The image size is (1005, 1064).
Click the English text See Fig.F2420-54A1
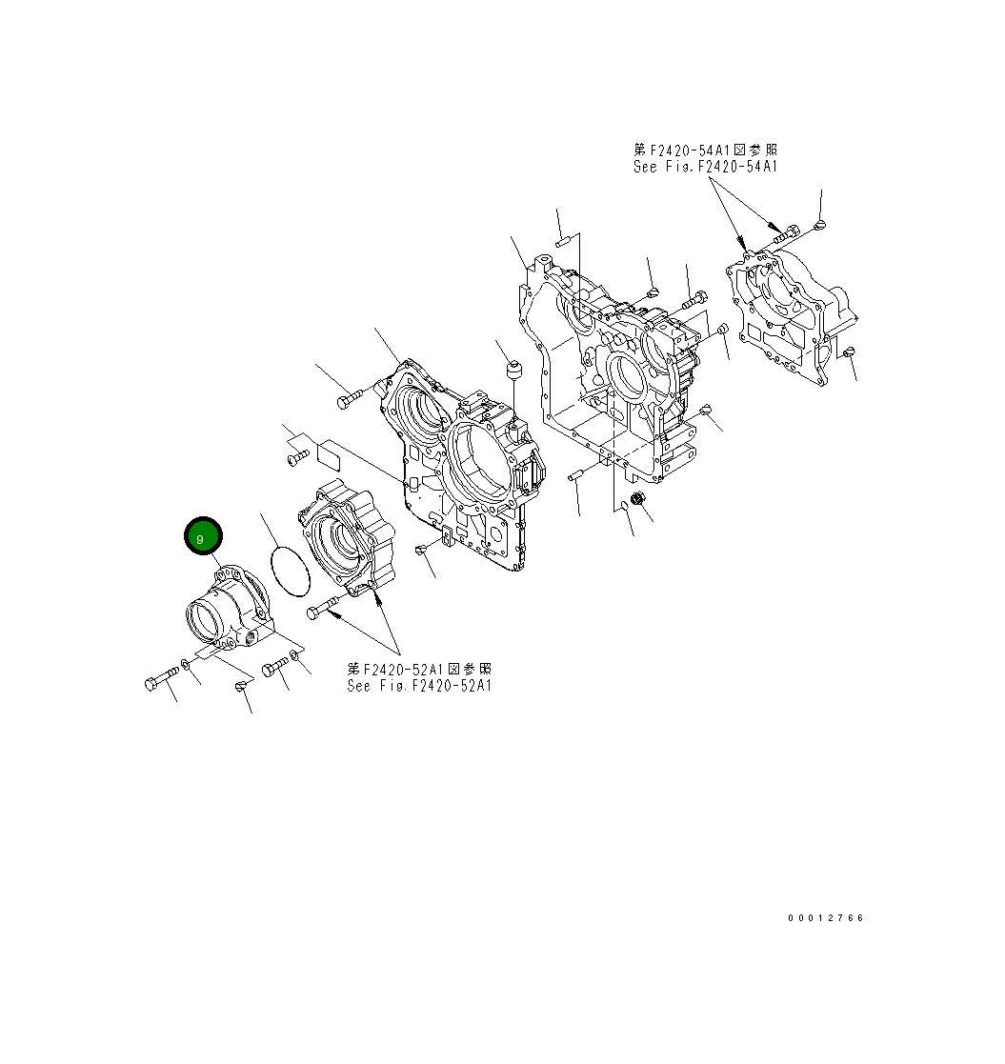[705, 166]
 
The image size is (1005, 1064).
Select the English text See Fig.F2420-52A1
[419, 685]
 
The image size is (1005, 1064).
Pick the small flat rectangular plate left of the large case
[330, 453]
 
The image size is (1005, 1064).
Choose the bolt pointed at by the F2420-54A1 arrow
[785, 231]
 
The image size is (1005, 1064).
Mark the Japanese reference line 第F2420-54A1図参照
[705, 150]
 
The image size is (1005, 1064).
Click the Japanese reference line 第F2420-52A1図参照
[419, 669]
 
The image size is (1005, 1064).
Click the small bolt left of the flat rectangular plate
[295, 459]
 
